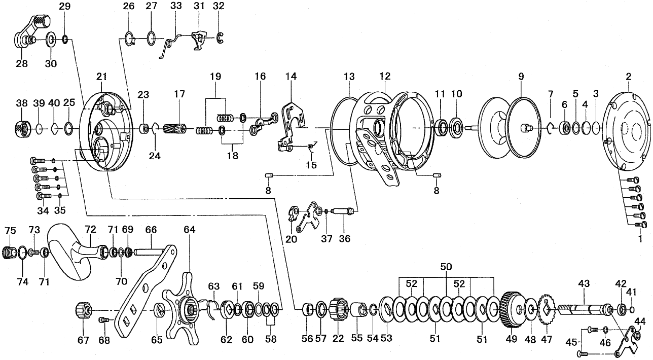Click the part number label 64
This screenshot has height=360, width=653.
pos(189,230)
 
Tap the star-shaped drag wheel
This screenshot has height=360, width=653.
pos(185,307)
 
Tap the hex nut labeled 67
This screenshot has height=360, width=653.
pos(83,309)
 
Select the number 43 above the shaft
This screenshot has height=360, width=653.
pos(585,285)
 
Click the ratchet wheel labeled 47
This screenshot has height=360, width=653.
pos(547,309)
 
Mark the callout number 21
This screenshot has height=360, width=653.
pos(102,77)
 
